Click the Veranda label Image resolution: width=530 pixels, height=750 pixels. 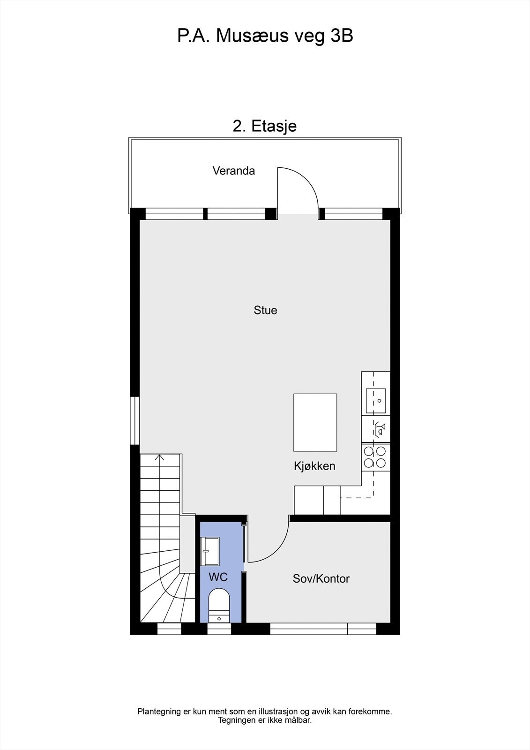(x=233, y=171)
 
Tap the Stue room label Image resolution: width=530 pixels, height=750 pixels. (x=265, y=310)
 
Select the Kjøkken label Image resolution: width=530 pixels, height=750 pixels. (x=314, y=466)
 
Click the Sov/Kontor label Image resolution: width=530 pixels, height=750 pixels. (x=321, y=578)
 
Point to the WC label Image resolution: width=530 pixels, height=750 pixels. (x=218, y=577)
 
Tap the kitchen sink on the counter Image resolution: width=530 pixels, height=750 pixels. (x=376, y=401)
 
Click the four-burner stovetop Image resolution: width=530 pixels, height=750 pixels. (x=375, y=457)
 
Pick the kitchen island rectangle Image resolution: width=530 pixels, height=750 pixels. (x=315, y=422)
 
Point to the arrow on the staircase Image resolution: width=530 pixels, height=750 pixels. (x=160, y=457)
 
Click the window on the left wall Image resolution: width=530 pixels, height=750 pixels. (x=135, y=420)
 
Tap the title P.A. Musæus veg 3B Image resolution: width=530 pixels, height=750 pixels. (x=265, y=36)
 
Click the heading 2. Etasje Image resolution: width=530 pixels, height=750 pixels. (x=265, y=126)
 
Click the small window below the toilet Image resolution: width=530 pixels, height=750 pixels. (x=219, y=629)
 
